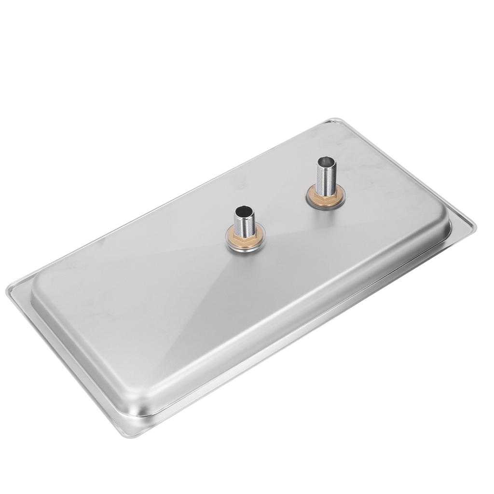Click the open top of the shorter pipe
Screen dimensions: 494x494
pyautogui.click(x=241, y=211)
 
